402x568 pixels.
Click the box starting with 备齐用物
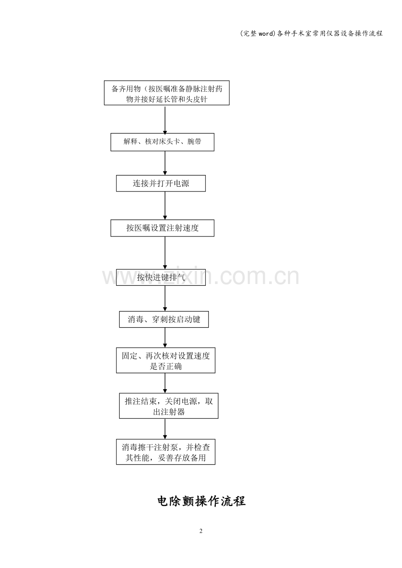(166, 93)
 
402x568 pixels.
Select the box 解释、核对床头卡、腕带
(162, 142)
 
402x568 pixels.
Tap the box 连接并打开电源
(161, 183)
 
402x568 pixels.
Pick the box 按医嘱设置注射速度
(162, 228)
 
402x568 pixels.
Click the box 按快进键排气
(161, 277)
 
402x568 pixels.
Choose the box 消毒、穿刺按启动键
(164, 319)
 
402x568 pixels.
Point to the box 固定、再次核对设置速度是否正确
(166, 360)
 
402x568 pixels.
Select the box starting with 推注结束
(169, 406)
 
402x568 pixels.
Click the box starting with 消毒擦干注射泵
(166, 452)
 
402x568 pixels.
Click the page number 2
(201, 531)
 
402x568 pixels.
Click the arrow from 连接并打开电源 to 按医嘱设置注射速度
(165, 205)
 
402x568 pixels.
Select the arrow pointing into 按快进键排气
(165, 253)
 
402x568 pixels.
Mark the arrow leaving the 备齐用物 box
(165, 120)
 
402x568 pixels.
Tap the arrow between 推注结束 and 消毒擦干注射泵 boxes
(165, 429)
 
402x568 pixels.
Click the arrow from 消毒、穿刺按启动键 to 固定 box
(165, 338)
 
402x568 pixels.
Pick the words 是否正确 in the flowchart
(166, 366)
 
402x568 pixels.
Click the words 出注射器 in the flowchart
(169, 412)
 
